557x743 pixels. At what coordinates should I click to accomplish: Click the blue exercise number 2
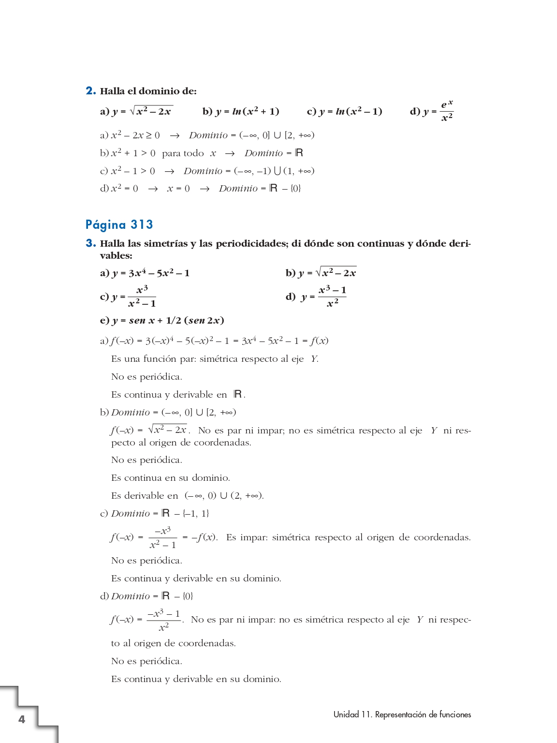coord(90,91)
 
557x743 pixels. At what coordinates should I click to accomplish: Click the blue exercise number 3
coord(90,243)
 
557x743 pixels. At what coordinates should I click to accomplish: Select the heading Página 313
coord(119,224)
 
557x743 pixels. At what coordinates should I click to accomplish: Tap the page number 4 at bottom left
coord(22,719)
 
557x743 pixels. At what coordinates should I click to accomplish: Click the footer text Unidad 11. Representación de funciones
coord(402,714)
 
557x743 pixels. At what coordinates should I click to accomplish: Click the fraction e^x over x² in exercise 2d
coord(447,111)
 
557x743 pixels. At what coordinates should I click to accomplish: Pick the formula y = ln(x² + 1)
coord(247,112)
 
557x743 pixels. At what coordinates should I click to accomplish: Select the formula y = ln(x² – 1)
coord(351,112)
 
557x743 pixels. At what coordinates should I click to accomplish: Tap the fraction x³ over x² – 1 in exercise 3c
coord(142,297)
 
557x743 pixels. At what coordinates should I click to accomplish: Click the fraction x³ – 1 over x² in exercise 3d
coord(332,297)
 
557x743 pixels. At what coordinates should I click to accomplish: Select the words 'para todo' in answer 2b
coord(183,153)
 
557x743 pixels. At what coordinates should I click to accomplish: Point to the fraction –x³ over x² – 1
coord(163,537)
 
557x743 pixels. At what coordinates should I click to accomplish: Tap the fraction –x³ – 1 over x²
coord(164,620)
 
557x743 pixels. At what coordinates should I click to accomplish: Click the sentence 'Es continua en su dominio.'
coord(170,478)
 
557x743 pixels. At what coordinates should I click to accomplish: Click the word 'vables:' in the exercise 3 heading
coord(116,255)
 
